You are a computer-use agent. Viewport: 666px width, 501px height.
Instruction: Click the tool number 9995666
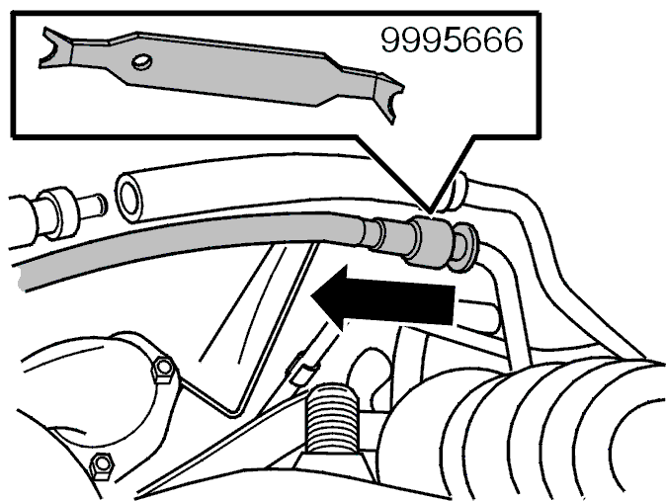tap(452, 40)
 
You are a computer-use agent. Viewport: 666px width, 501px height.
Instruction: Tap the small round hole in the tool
tap(141, 62)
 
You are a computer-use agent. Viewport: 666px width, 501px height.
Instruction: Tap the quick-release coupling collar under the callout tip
tap(430, 243)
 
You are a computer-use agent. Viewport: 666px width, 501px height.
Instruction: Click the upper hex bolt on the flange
tap(163, 370)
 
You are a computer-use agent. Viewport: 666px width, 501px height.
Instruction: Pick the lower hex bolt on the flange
tap(102, 465)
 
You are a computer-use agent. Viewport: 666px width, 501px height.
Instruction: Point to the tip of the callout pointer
tap(430, 212)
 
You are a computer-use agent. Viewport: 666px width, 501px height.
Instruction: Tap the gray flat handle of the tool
tap(224, 68)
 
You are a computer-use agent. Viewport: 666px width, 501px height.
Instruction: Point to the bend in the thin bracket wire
tap(233, 411)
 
